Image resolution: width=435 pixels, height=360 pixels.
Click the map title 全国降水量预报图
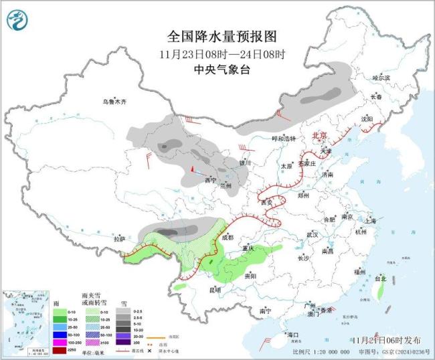pos(217,36)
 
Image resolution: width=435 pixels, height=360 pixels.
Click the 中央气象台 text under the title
pos(217,69)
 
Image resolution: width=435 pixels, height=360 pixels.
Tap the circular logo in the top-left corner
pos(18,20)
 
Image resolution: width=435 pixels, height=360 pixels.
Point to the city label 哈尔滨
pos(381,78)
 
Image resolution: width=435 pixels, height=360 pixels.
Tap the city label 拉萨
pos(119,238)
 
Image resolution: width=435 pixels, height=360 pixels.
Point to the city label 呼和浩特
pos(282,139)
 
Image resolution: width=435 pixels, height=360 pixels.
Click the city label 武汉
pos(312,235)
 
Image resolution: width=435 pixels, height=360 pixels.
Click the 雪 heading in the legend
pos(122,302)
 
